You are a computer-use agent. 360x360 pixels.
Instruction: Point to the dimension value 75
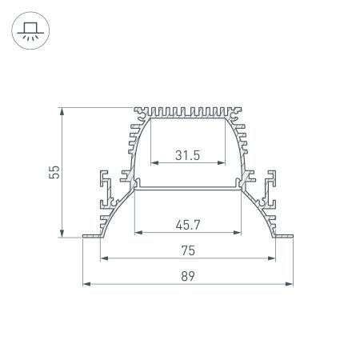[x=188, y=250]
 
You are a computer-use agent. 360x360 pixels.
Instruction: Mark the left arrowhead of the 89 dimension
[x=86, y=284]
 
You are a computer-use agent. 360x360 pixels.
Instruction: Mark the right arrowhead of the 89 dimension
[x=290, y=284]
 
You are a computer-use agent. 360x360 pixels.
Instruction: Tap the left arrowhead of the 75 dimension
[x=104, y=258]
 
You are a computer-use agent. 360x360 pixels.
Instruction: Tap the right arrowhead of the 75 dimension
[x=272, y=258]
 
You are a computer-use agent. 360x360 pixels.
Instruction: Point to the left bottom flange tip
[x=85, y=236]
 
